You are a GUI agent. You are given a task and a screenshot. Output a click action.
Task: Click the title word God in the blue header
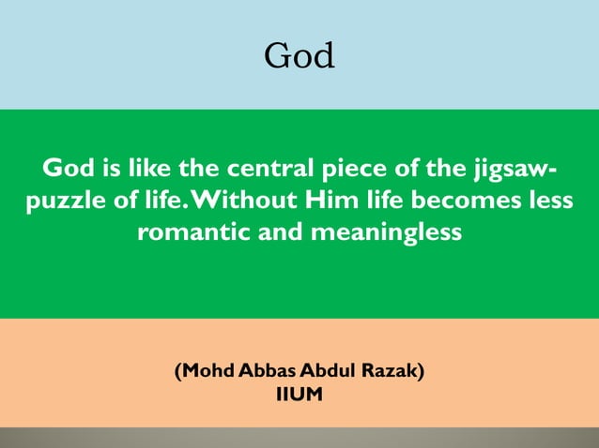point(299,56)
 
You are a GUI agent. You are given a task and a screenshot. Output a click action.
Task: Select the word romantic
point(188,232)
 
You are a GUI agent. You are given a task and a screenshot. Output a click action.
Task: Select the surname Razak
point(392,370)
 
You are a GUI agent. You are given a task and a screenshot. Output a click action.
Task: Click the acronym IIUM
point(299,395)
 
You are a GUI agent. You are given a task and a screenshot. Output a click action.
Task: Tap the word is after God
point(108,170)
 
